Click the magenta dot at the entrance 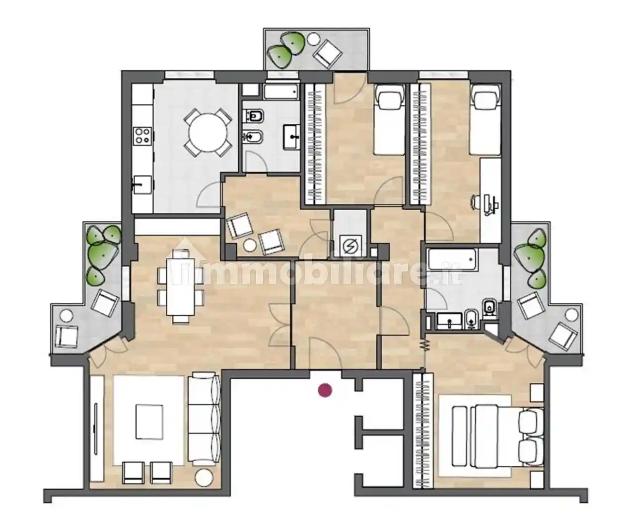(325, 390)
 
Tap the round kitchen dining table (208, 132)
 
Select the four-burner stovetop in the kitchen (142, 135)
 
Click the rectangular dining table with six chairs (181, 287)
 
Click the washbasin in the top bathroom (291, 137)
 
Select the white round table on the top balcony (314, 39)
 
